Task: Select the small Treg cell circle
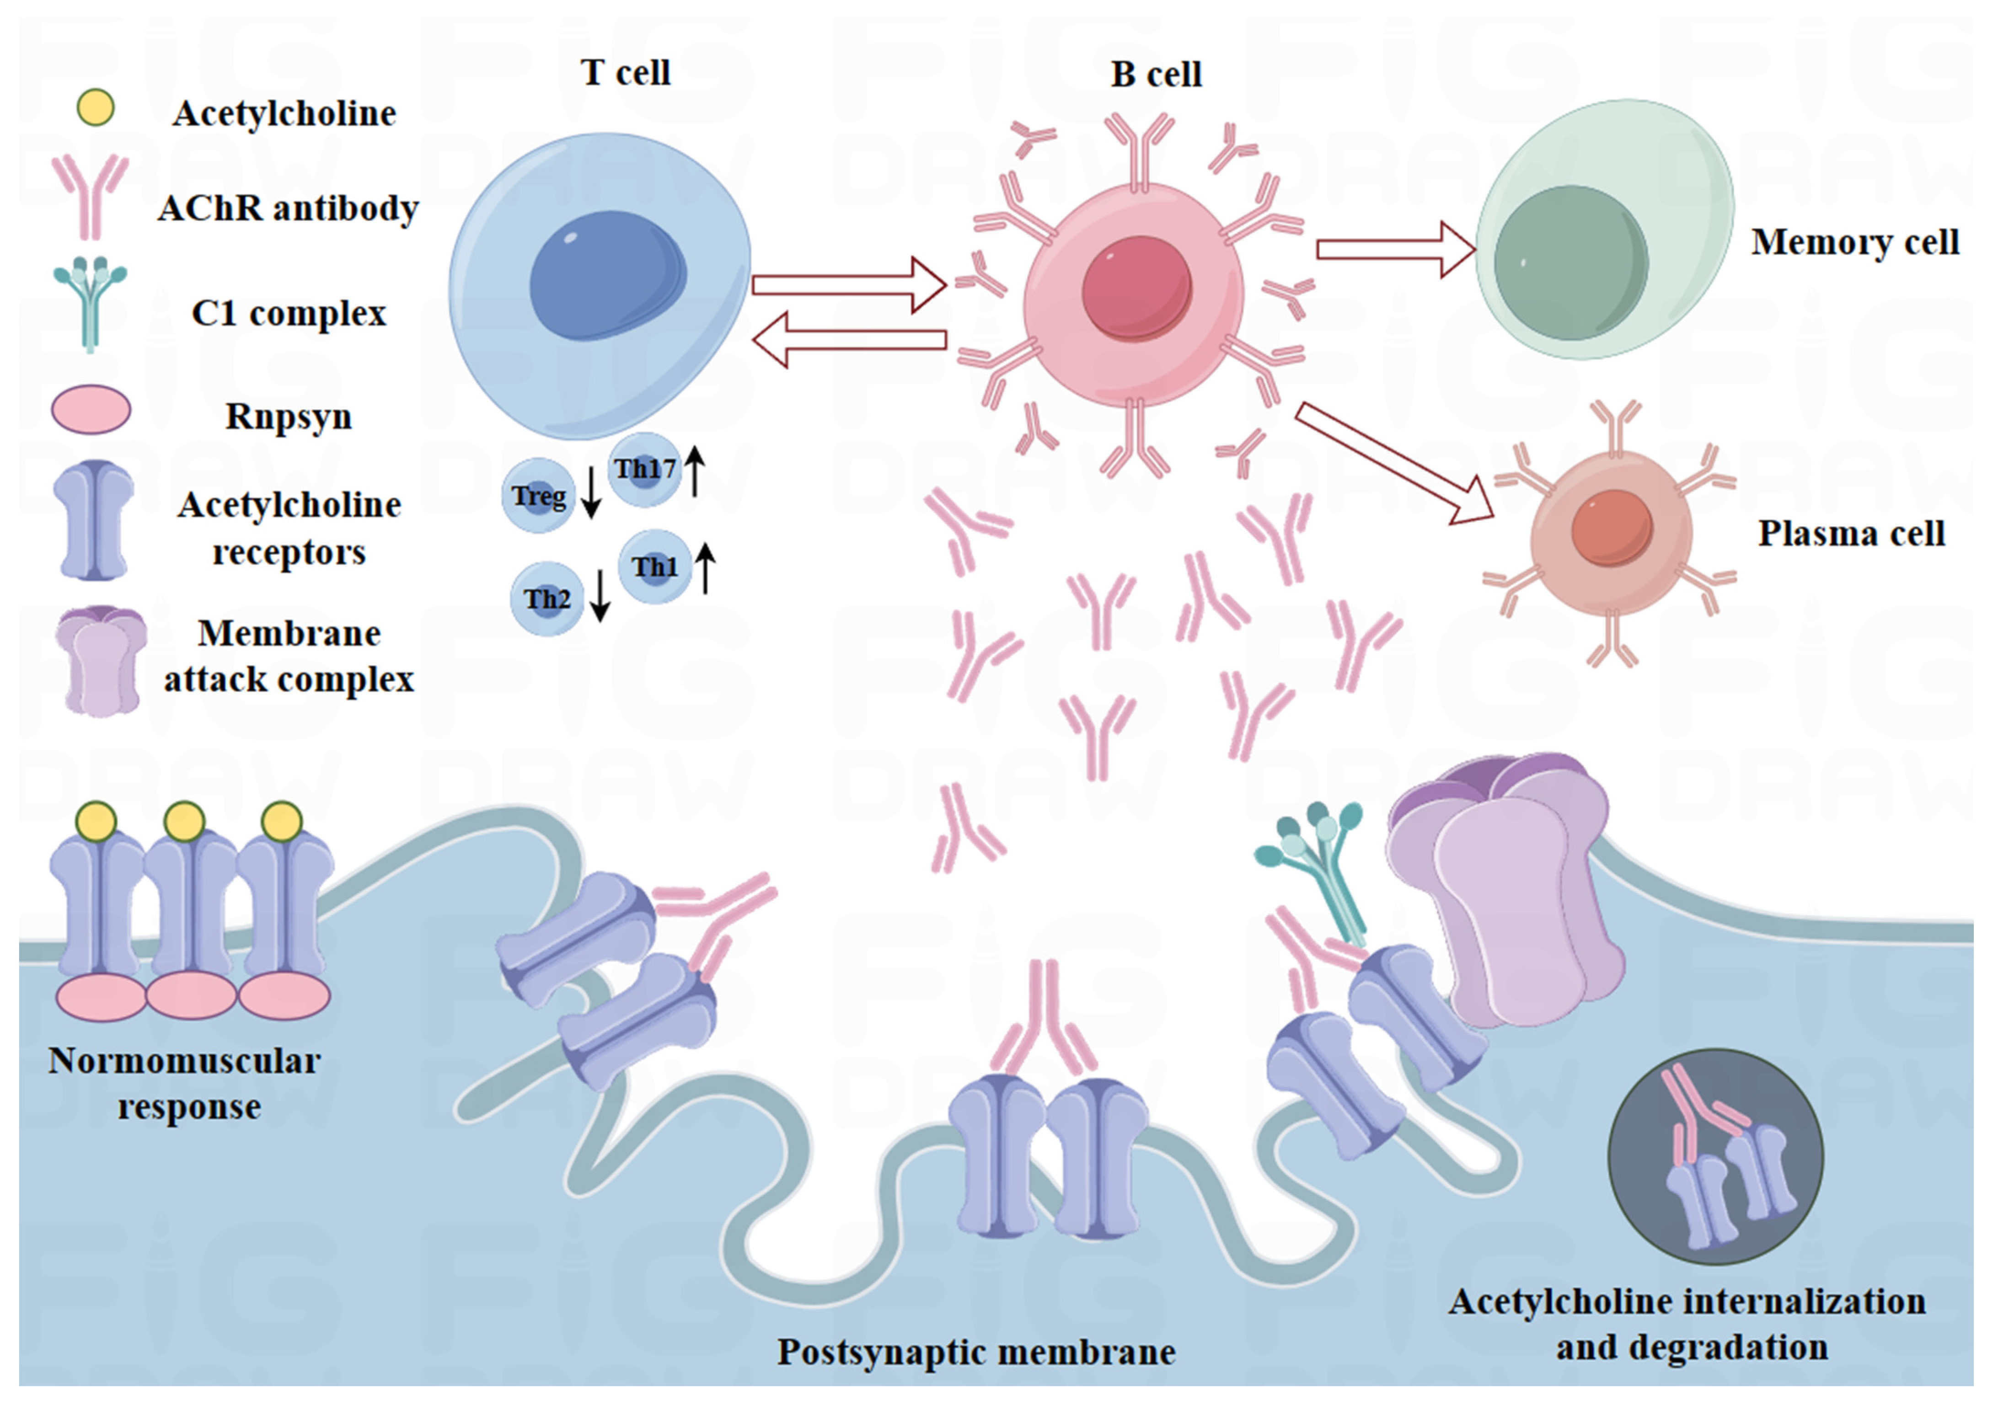[x=538, y=496]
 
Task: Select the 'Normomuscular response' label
[x=185, y=1083]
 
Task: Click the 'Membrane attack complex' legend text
[x=289, y=656]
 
